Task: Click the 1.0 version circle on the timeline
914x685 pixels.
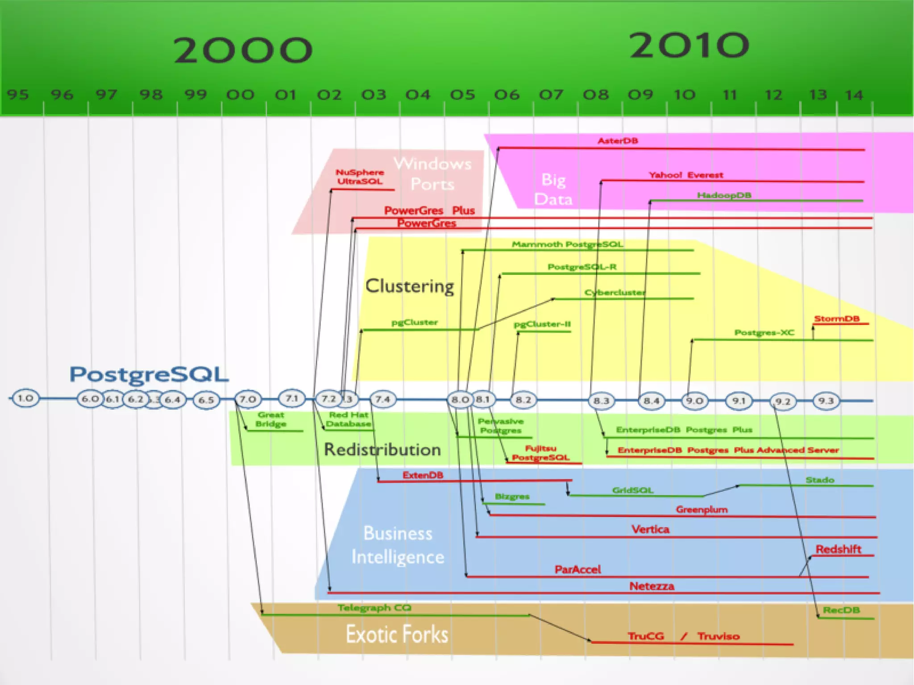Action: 25,398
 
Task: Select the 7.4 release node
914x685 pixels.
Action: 382,399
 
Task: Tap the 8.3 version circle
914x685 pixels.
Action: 601,400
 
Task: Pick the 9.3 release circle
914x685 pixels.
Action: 826,400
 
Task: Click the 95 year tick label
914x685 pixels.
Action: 18,95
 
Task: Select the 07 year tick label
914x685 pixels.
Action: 551,95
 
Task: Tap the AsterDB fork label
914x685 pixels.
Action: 618,141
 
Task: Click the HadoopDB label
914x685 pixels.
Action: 724,195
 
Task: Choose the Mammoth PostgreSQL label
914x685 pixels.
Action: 567,244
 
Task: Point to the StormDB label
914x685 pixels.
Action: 837,319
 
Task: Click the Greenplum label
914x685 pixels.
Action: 702,509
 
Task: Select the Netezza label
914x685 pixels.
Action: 652,586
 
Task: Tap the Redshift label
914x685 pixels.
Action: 838,549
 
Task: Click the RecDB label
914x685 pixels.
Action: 841,610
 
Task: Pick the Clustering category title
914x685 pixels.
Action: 410,286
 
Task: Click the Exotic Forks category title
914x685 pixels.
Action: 397,634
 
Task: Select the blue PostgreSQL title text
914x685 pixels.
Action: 149,375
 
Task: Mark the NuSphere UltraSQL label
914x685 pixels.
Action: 360,177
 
